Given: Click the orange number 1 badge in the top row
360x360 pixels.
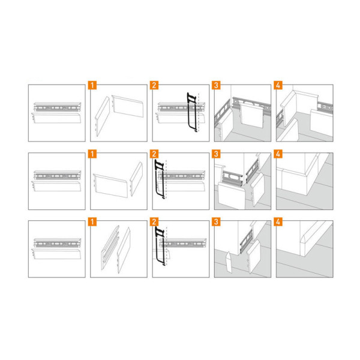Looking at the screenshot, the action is coord(92,85).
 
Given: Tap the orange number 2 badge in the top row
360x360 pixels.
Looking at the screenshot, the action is coord(154,85).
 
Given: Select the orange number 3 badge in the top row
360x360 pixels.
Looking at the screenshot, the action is coord(216,85).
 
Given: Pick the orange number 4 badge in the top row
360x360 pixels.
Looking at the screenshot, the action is coord(278,85).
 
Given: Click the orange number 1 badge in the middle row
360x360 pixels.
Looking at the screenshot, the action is coord(92,154).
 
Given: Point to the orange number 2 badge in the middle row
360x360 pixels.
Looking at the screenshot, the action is coord(154,154).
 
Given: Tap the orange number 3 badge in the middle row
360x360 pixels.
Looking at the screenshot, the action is coord(216,154).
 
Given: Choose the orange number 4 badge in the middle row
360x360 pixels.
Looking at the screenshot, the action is coord(278,154).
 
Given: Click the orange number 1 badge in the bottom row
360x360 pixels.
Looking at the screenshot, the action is coord(92,222).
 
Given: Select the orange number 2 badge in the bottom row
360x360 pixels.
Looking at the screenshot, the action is coord(154,222).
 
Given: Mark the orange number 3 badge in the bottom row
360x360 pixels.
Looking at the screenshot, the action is coord(216,222).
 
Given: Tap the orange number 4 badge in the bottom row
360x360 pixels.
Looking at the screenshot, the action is coord(278,222).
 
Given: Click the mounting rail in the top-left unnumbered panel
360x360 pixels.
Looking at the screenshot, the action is coord(58,107).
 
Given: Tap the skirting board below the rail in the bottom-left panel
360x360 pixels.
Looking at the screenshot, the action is coord(56,254).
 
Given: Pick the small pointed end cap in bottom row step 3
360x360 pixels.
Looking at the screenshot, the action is coord(229,262).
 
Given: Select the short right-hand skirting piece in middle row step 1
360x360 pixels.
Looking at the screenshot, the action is coord(136,179).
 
